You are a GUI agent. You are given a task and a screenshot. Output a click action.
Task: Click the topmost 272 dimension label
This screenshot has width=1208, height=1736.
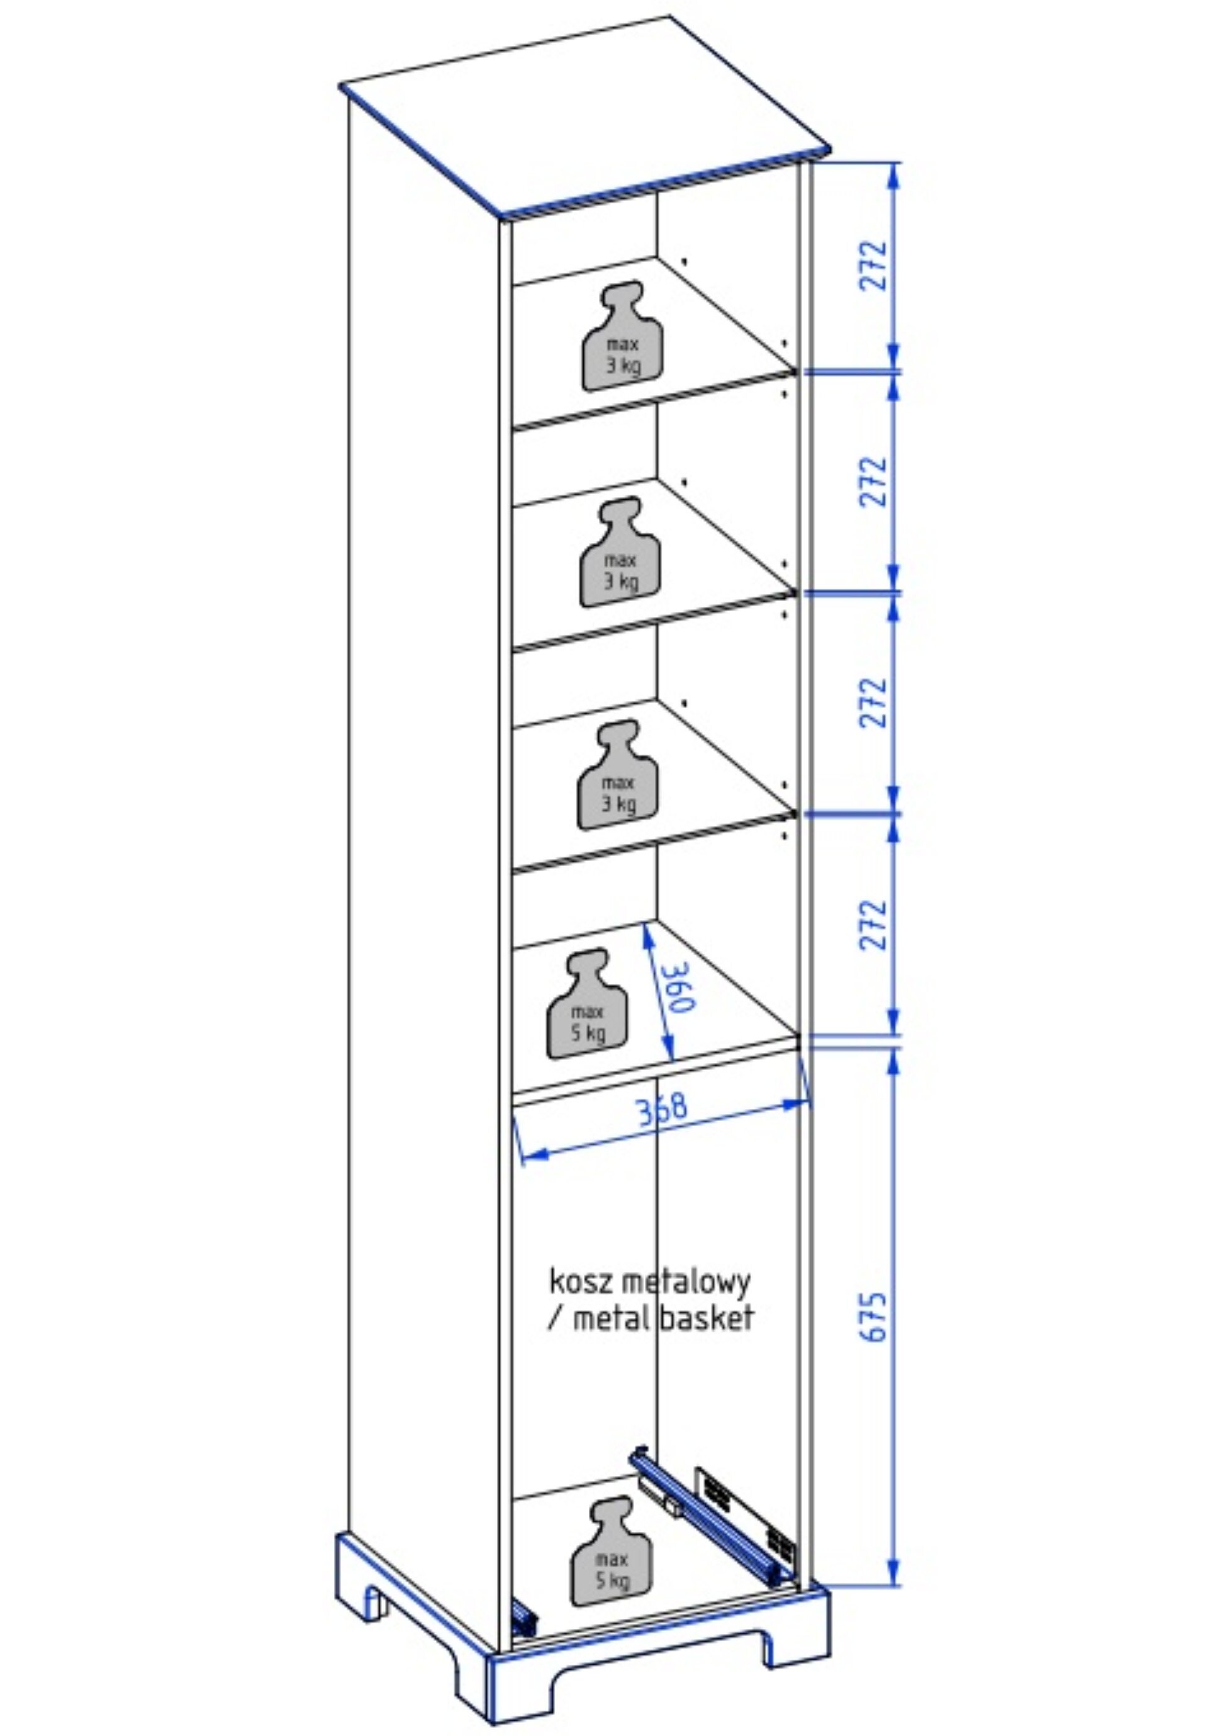[x=873, y=266]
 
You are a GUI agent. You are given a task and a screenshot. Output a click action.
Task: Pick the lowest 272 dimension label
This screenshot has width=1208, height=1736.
[x=873, y=924]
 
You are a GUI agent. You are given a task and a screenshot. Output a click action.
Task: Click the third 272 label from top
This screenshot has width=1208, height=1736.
[x=873, y=703]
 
